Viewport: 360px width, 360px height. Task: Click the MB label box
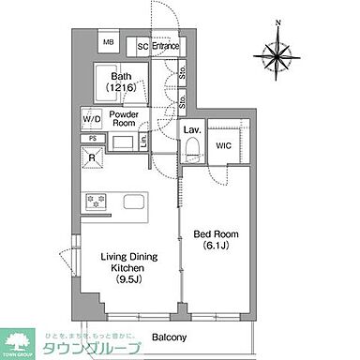108,43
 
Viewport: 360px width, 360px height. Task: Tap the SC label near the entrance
142,44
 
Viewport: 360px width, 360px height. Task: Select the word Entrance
166,44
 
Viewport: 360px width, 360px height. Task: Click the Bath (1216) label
122,82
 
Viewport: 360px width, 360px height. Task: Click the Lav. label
192,129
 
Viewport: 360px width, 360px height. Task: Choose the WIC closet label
226,144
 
